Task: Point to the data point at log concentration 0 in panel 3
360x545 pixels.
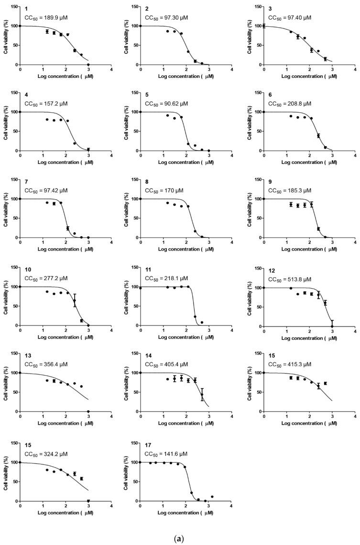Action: point(264,26)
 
